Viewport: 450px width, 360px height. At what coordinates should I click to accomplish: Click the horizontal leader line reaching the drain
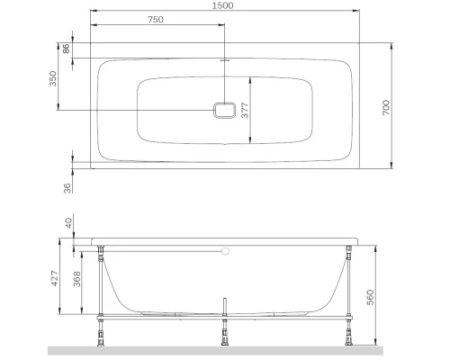pyautogui.click(x=135, y=110)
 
